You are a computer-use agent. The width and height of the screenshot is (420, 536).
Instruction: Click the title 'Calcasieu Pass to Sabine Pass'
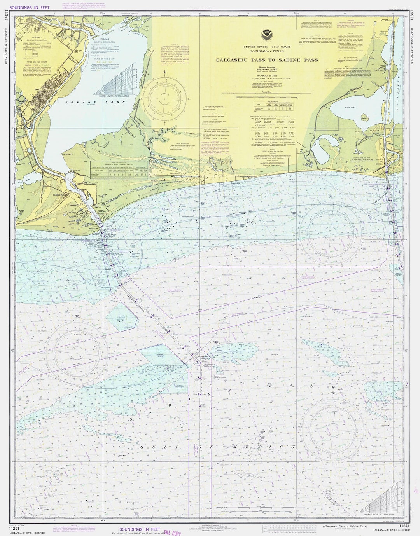(267, 60)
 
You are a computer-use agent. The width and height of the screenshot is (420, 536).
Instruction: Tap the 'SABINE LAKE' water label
(95, 102)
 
